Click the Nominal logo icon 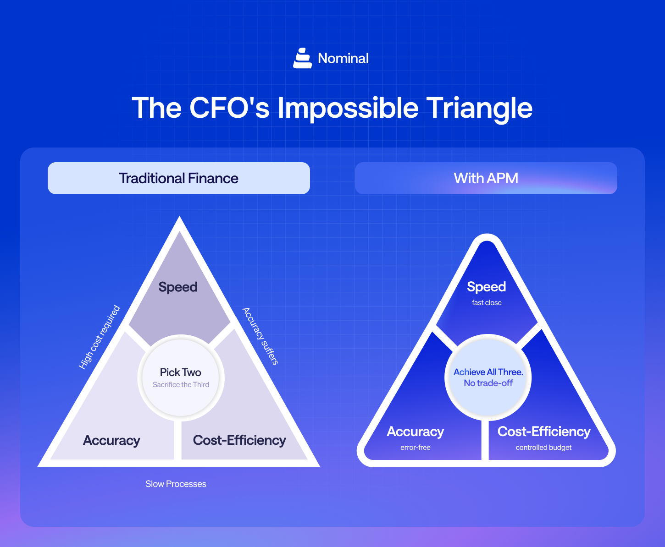point(302,58)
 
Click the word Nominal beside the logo point(343,59)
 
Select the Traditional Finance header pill point(179,178)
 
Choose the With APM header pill point(486,178)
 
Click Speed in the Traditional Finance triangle point(178,287)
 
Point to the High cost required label point(100,337)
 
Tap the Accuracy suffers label point(260,336)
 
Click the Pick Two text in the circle point(181,372)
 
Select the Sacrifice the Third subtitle point(181,385)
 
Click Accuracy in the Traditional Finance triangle point(111,440)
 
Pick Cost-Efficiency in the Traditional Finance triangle point(239,440)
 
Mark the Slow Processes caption point(176,484)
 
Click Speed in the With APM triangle point(486,287)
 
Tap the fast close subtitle point(487,303)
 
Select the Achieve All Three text point(488,372)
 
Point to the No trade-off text point(488,383)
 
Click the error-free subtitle point(415,448)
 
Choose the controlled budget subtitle point(543,448)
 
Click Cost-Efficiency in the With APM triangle point(544,432)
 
